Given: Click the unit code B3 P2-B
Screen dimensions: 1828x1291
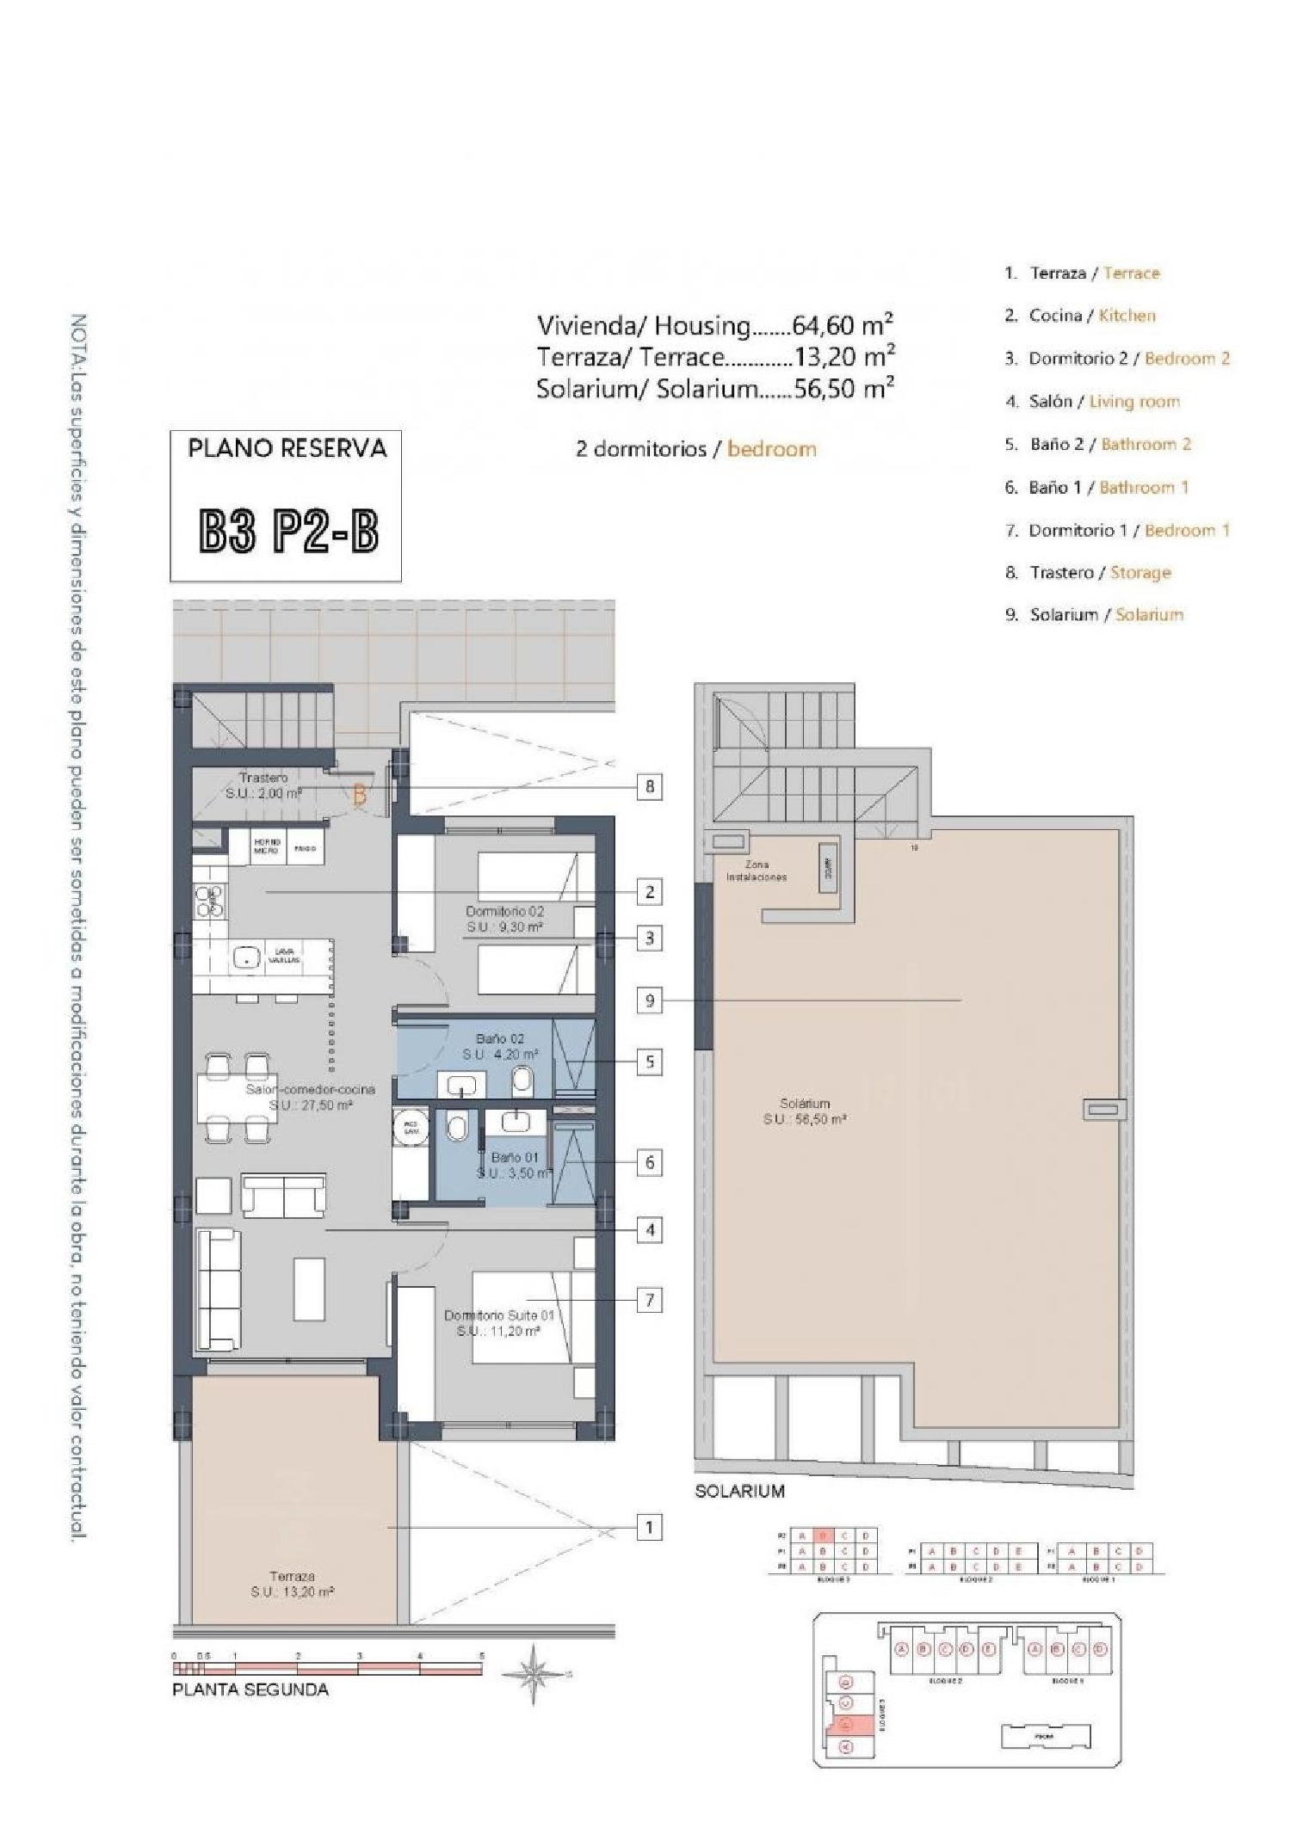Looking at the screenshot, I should click(x=288, y=531).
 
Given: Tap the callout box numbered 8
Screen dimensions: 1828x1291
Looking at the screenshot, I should click(x=650, y=785).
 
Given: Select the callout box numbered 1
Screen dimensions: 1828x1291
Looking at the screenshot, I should click(x=650, y=1528).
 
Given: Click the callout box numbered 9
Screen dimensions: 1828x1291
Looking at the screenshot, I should click(x=650, y=1000).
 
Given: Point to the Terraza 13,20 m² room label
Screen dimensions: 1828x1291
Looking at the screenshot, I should click(x=292, y=1584).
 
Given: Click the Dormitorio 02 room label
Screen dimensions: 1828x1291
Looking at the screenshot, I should click(x=504, y=919).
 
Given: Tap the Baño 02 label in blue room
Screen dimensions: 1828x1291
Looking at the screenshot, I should click(x=500, y=1046).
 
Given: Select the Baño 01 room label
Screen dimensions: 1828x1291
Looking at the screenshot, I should click(x=515, y=1165).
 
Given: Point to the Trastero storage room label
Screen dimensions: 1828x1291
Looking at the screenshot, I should click(x=263, y=785).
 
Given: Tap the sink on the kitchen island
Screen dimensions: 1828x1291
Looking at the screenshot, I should click(x=248, y=956).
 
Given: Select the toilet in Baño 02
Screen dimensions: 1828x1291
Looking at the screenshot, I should click(x=522, y=1080).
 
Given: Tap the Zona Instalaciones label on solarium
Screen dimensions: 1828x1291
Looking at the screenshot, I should click(x=757, y=871).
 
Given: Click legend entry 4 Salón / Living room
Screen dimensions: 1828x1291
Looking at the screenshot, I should click(x=1093, y=401).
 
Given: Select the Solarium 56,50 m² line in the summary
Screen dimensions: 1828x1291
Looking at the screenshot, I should click(x=714, y=389).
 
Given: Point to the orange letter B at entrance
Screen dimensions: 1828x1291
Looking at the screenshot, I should click(x=360, y=796).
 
